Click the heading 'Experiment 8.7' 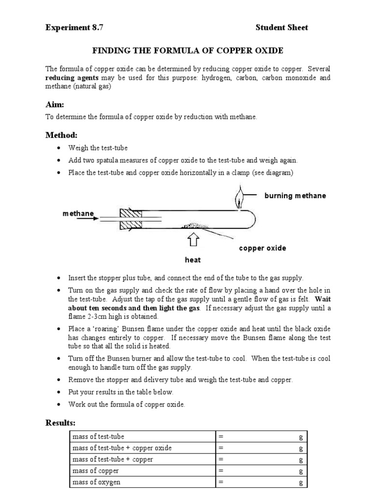coord(74,27)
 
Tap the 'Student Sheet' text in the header coord(282,27)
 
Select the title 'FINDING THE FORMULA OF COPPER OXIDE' coord(188,51)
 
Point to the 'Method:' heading coord(62,135)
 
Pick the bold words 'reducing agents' coord(71,78)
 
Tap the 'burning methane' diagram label coord(295,196)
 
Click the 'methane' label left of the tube coord(78,214)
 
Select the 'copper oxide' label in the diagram coord(262,248)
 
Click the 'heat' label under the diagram coord(192,260)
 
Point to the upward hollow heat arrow coord(193,240)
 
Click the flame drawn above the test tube coord(239,200)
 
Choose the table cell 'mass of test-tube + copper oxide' coord(122,448)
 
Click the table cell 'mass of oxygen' coord(96,482)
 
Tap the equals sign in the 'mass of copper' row coord(221,471)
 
